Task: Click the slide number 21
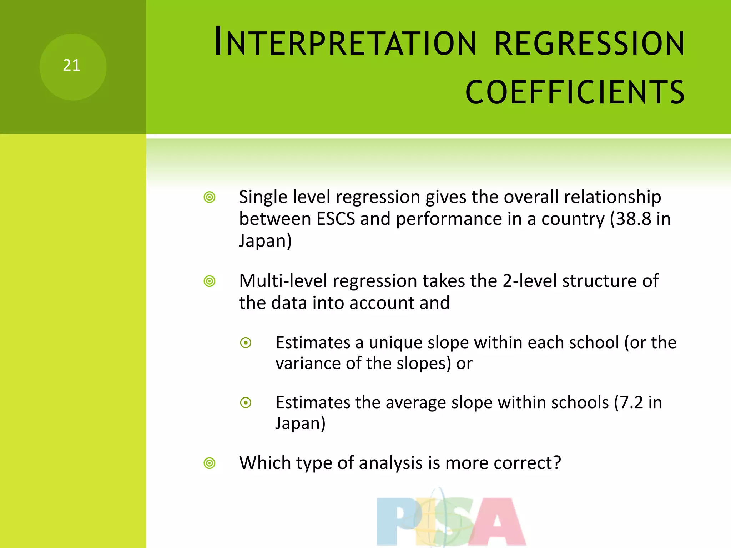[71, 66]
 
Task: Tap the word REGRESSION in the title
[589, 44]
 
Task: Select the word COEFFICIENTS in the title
[575, 92]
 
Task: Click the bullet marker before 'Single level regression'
[210, 197]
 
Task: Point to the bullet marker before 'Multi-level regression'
[210, 281]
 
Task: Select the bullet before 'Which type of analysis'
[210, 463]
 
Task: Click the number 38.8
[634, 219]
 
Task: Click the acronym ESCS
[336, 219]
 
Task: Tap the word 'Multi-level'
[283, 281]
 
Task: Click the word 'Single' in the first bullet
[263, 197]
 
